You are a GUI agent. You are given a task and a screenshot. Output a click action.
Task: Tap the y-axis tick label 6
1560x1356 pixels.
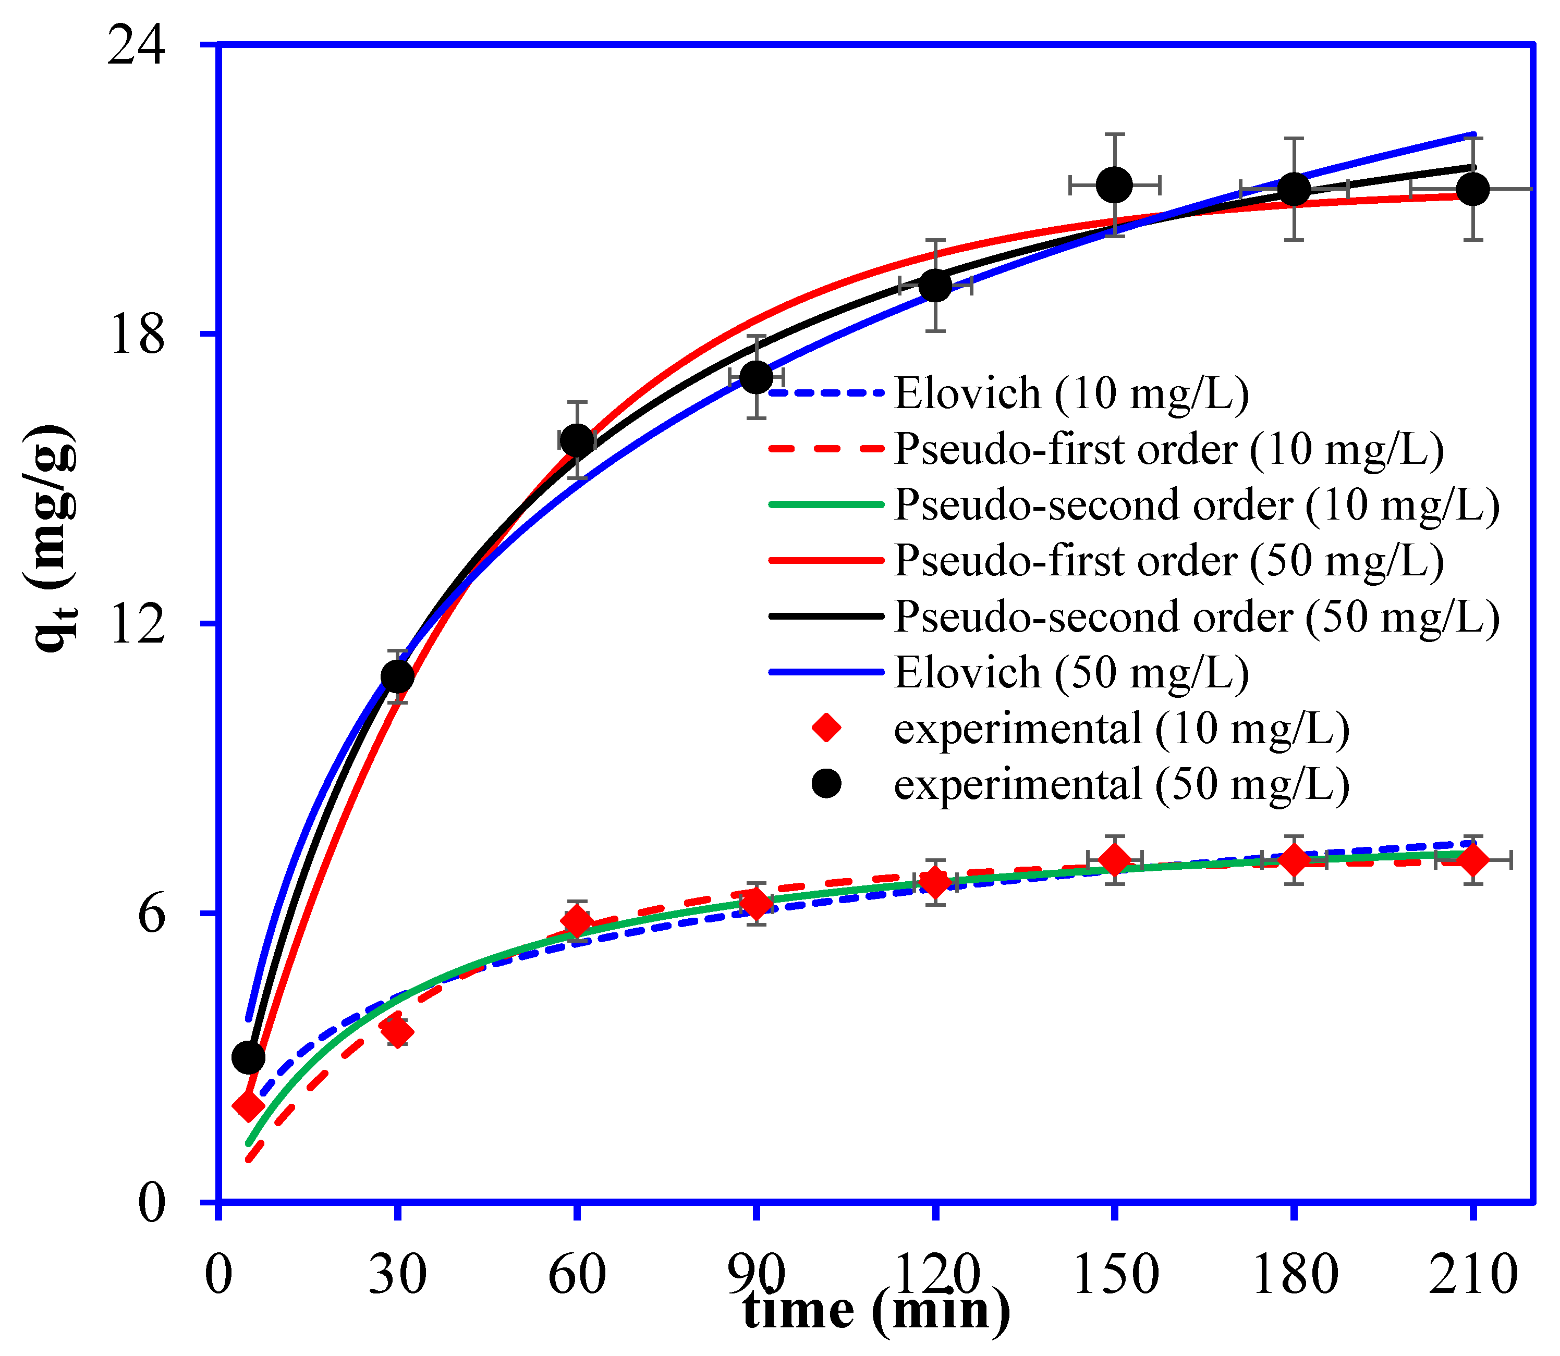click(x=151, y=914)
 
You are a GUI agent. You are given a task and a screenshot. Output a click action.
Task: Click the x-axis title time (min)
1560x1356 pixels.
click(x=876, y=1310)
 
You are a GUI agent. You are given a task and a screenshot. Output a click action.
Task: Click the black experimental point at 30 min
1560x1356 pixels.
click(x=397, y=676)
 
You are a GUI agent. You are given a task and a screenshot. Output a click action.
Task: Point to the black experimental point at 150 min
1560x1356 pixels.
click(x=1115, y=184)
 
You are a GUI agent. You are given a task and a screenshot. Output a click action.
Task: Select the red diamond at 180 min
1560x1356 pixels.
click(x=1294, y=860)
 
